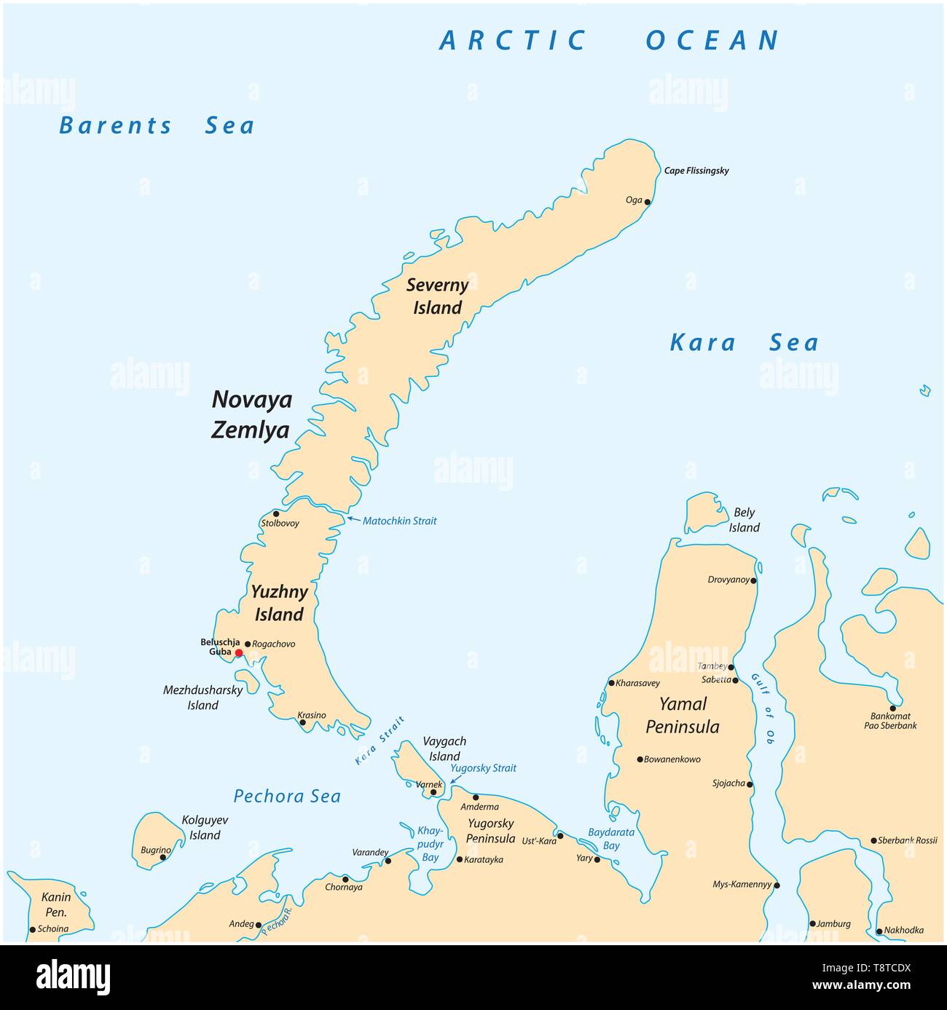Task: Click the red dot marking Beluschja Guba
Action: pyautogui.click(x=238, y=653)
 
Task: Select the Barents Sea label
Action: pyautogui.click(x=157, y=126)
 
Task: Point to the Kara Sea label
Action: pyautogui.click(x=744, y=343)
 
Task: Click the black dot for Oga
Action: pyautogui.click(x=648, y=202)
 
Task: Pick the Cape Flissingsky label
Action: pyautogui.click(x=696, y=171)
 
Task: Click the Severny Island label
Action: pyautogui.click(x=437, y=296)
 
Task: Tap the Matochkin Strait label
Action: pyautogui.click(x=400, y=521)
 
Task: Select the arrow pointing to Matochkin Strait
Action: pyautogui.click(x=353, y=519)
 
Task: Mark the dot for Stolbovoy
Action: pyautogui.click(x=275, y=513)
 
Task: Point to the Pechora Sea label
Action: pyautogui.click(x=287, y=797)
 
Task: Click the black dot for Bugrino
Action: pyautogui.click(x=163, y=857)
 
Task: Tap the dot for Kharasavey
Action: pyautogui.click(x=611, y=683)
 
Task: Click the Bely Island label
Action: pyautogui.click(x=744, y=521)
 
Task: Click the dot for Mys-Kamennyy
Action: pyautogui.click(x=777, y=885)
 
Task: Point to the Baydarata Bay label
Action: pyautogui.click(x=611, y=838)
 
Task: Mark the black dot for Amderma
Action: pyautogui.click(x=476, y=797)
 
